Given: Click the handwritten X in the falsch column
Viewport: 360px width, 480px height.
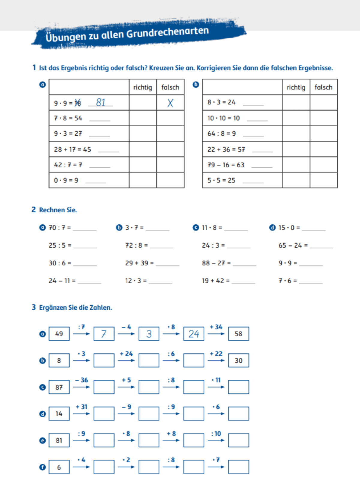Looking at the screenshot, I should [x=170, y=103].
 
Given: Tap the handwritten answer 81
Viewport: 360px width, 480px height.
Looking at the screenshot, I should [x=101, y=103].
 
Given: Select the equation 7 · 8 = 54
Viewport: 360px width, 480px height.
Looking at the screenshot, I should [x=68, y=118].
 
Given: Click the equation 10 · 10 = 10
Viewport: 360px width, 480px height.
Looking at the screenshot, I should [x=223, y=118].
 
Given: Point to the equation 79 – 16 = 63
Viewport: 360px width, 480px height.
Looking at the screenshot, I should [x=226, y=165].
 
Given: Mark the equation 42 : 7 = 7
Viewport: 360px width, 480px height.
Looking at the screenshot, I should [x=68, y=165].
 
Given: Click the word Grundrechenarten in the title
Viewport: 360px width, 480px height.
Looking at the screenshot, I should [x=167, y=32].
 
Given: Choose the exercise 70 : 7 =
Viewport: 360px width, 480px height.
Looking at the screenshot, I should [x=60, y=228].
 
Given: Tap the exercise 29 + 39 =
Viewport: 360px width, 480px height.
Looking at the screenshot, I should [x=139, y=263].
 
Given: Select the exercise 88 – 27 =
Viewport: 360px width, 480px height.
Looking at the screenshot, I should [x=216, y=263].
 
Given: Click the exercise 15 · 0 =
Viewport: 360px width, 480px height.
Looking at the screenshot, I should [x=289, y=228].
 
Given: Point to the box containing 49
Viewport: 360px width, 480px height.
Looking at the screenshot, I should [x=59, y=334].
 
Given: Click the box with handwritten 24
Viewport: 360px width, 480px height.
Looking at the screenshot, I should [x=193, y=334].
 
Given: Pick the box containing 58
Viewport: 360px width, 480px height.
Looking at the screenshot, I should [x=238, y=334].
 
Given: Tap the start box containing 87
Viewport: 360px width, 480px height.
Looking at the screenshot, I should [x=59, y=387].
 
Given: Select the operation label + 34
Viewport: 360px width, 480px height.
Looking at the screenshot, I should [x=216, y=327].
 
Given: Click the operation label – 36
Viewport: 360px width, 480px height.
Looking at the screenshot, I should [x=82, y=380].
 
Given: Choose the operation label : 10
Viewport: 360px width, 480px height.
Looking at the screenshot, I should [x=216, y=433].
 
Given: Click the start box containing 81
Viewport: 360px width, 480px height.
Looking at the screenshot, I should [x=59, y=440].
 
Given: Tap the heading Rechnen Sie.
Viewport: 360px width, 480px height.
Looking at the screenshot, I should [x=58, y=210].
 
